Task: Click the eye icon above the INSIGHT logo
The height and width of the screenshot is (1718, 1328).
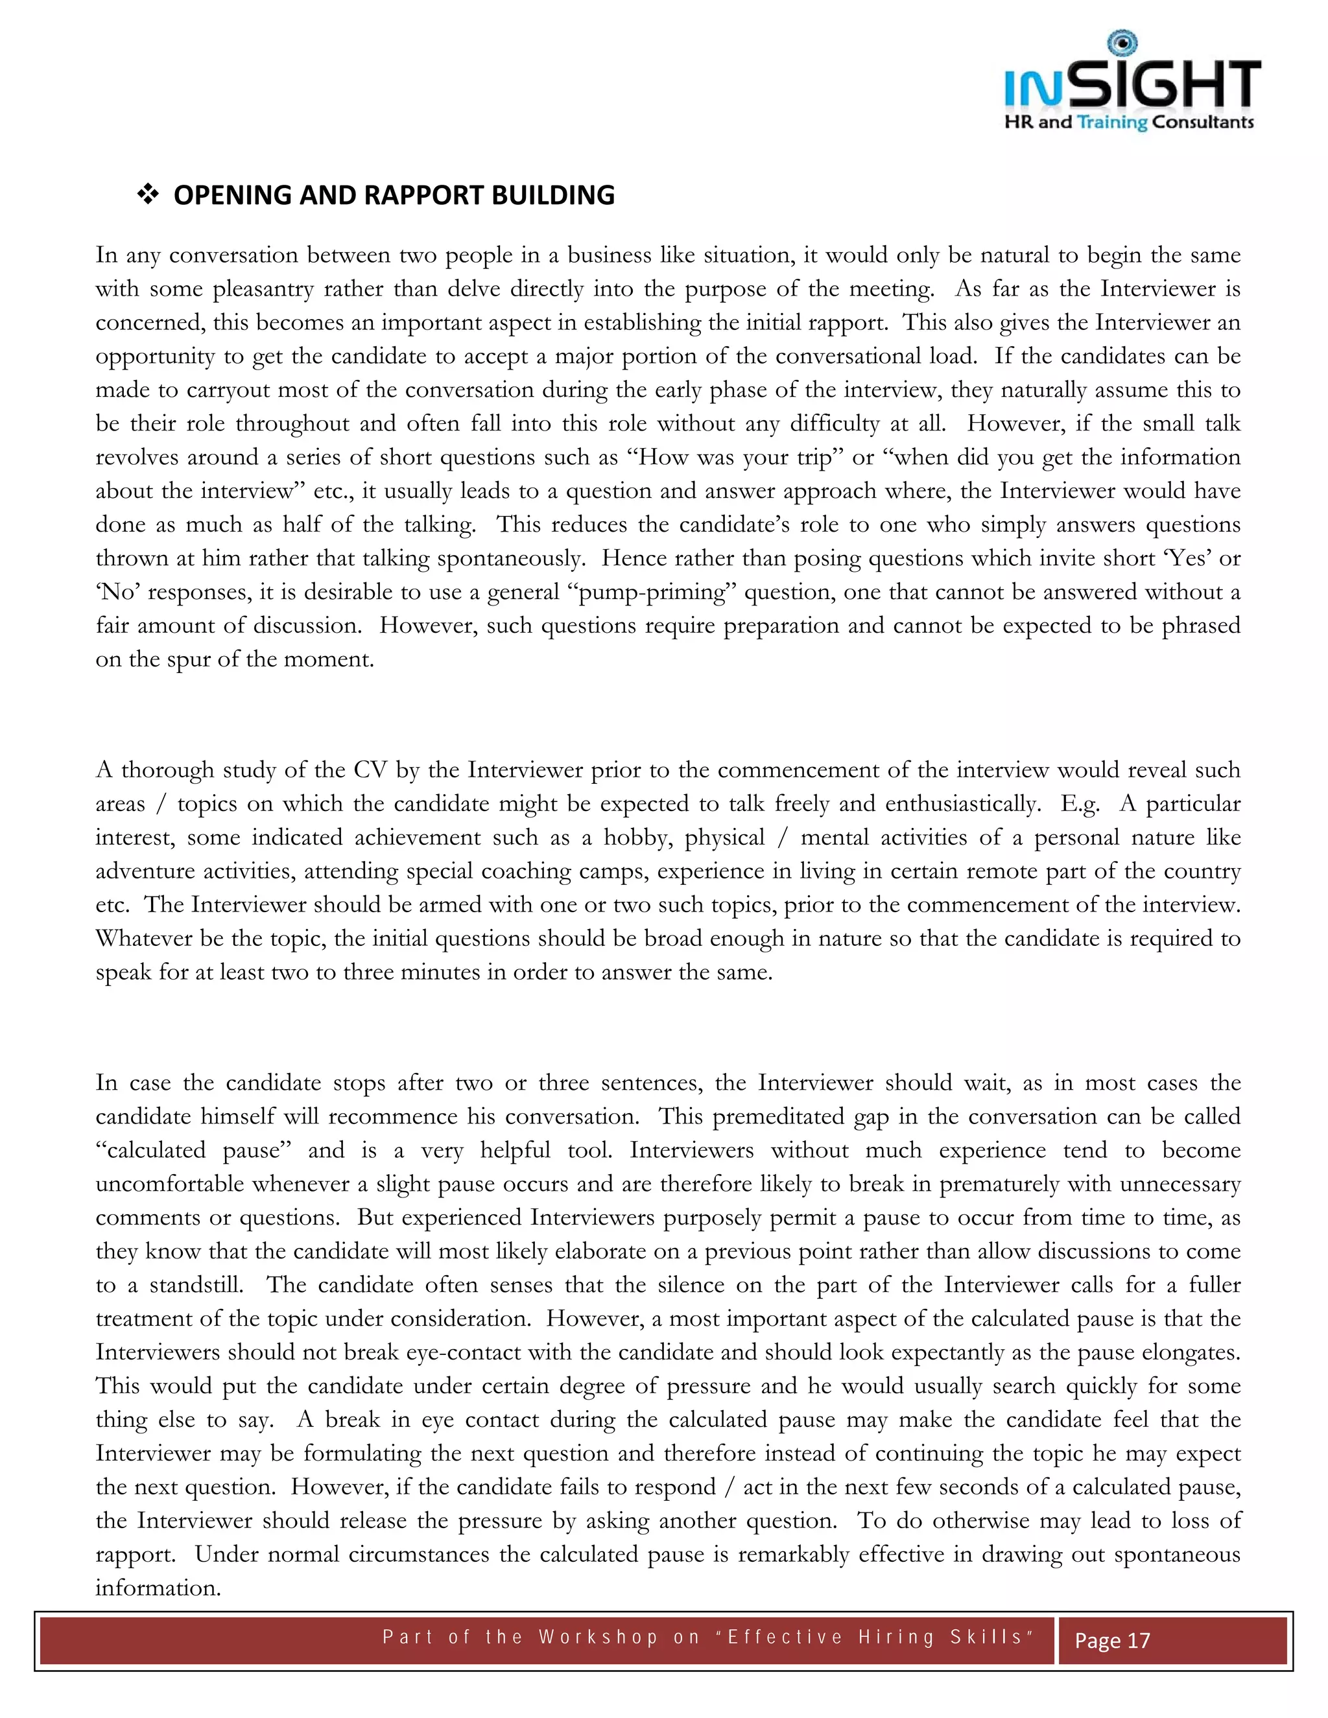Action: pos(1122,43)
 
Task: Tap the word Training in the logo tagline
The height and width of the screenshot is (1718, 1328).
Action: pos(1111,122)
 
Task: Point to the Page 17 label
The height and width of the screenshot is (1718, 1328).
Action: pos(1113,1640)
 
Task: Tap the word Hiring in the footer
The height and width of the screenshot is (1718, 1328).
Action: pos(896,1637)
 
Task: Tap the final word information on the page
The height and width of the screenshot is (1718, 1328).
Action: pos(158,1588)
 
